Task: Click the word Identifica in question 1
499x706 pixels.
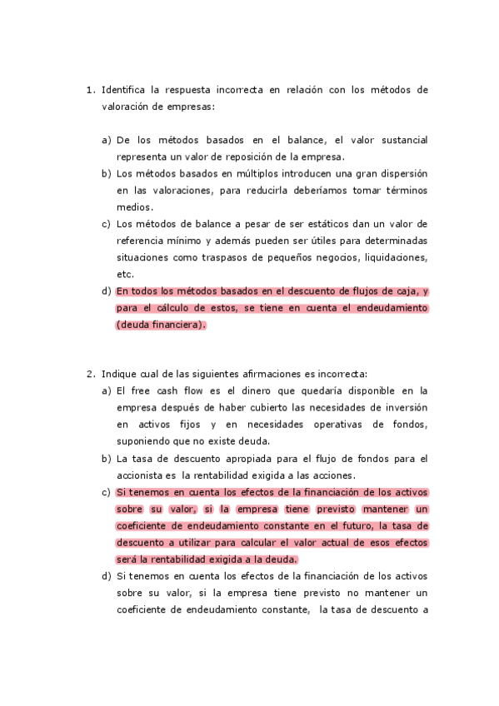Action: [123, 89]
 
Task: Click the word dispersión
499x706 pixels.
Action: [400, 173]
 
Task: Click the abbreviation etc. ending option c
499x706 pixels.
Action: [125, 274]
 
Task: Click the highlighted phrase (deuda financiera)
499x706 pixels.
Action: [160, 325]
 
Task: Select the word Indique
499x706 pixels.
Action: [120, 374]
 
